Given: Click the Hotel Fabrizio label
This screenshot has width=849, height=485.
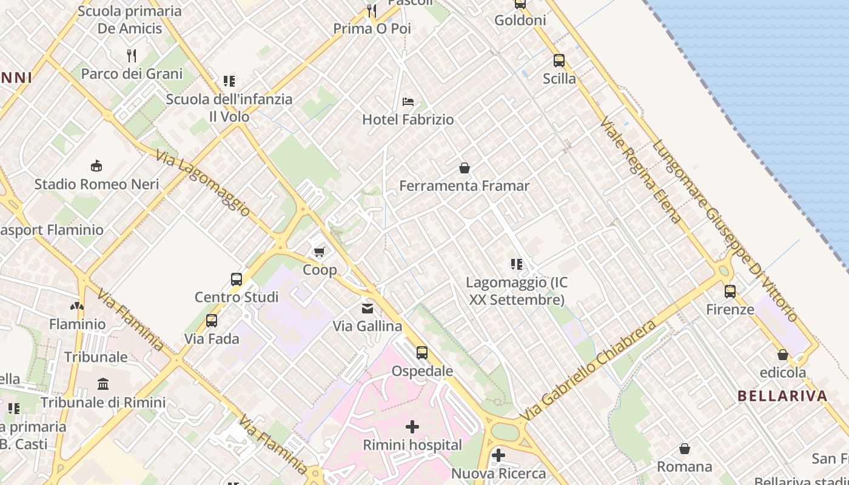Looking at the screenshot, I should (x=408, y=119).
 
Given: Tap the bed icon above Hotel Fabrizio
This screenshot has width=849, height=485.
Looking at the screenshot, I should (x=408, y=101).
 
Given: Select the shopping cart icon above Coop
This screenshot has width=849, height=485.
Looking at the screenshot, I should (x=320, y=252).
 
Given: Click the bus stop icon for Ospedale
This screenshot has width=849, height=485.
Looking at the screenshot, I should (x=422, y=352).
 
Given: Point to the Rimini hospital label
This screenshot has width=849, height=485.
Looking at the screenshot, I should (x=412, y=445).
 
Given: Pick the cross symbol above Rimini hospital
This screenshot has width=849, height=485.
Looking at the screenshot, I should (x=412, y=427).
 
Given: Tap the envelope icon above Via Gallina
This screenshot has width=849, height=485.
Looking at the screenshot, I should (x=367, y=309).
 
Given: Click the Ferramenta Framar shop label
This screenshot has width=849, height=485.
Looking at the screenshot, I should (x=465, y=186).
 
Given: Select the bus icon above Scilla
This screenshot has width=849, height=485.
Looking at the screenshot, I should (x=559, y=61).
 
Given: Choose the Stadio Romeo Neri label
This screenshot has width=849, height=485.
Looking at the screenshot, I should (x=96, y=184).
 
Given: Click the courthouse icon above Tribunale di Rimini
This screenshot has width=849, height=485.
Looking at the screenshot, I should (x=103, y=384).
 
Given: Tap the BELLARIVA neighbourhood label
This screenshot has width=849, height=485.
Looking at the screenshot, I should (x=782, y=396).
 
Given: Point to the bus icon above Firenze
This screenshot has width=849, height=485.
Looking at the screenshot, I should (x=730, y=292).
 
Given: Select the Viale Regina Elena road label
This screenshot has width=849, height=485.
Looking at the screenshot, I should (x=641, y=171).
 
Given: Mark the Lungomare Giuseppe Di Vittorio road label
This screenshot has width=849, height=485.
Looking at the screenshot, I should (x=725, y=231).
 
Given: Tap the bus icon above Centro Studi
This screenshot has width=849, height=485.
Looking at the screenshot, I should (x=237, y=279).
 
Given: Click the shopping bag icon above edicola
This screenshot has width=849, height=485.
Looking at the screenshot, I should (x=783, y=355).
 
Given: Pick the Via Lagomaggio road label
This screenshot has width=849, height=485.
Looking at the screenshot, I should (x=203, y=182).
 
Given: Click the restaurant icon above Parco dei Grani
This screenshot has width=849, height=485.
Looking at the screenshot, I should (x=132, y=56).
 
